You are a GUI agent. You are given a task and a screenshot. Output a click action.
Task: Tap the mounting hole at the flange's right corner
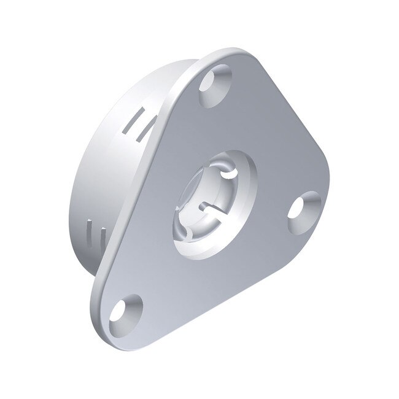304,212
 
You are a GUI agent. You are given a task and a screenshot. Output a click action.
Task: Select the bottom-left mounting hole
126,311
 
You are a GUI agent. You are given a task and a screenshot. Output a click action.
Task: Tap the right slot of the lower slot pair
103,237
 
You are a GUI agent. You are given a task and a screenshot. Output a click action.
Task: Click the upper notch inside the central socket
228,173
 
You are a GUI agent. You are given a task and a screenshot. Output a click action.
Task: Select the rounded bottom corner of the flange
101,328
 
